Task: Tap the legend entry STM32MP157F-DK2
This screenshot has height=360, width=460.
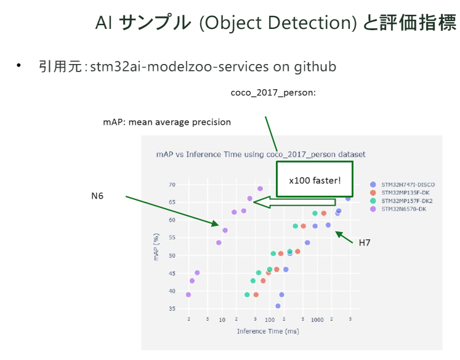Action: click(x=406, y=201)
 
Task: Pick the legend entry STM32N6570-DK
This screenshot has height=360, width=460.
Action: click(x=404, y=209)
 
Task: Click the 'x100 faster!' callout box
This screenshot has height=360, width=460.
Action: click(x=315, y=179)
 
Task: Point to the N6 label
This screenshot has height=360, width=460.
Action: click(x=97, y=196)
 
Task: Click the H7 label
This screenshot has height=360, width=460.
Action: click(x=365, y=243)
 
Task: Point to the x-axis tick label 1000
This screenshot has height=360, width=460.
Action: click(x=317, y=320)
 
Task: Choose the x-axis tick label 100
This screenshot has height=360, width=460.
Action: click(x=270, y=320)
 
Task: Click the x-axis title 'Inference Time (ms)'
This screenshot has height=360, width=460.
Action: click(x=268, y=332)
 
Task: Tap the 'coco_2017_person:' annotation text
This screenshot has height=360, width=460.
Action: click(x=273, y=93)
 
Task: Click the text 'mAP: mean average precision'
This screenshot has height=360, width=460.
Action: click(x=167, y=122)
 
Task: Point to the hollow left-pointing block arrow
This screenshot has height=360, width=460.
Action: click(x=294, y=202)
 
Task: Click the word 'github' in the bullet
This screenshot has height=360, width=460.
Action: click(x=315, y=66)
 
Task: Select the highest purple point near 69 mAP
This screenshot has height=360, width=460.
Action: click(x=260, y=189)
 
